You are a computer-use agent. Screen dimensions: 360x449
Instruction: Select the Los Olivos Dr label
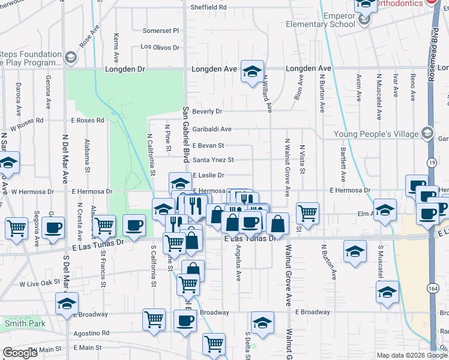tap(160, 46)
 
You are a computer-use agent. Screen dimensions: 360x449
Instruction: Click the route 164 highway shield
tap(433, 286)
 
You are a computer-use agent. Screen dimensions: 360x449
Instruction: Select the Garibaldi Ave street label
tap(212, 129)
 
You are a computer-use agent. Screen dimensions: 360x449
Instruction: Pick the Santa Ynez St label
tap(212, 160)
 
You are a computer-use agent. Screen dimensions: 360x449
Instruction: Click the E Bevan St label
tap(208, 145)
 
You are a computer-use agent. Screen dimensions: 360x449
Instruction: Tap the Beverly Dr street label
tap(207, 112)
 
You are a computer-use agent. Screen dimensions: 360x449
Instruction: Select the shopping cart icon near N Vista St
tap(307, 212)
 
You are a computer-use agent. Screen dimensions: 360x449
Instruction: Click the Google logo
tap(20, 353)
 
